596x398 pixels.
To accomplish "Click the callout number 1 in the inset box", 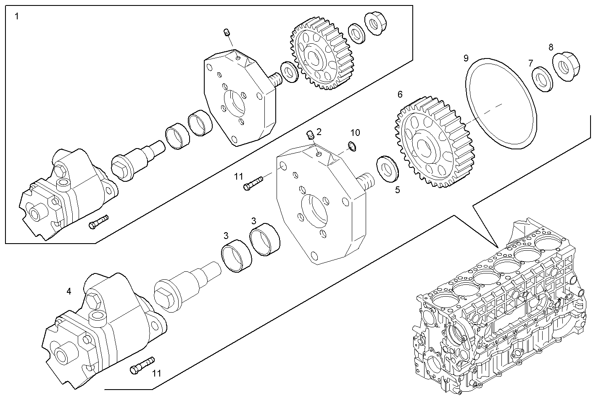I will click(x=17, y=17).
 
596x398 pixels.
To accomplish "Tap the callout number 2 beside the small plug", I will click(x=319, y=132).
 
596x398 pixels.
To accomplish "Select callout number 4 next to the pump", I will click(x=69, y=291).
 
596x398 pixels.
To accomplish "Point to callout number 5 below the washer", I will click(x=397, y=190).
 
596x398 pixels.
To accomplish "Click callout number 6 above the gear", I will click(x=400, y=94).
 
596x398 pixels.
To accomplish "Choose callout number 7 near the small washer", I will click(x=531, y=63).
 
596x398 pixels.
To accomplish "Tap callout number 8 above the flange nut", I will click(x=551, y=47).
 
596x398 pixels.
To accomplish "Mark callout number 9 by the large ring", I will click(x=466, y=58).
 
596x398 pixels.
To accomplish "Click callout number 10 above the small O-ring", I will click(x=355, y=133).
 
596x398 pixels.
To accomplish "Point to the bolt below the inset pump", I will click(x=98, y=222).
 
